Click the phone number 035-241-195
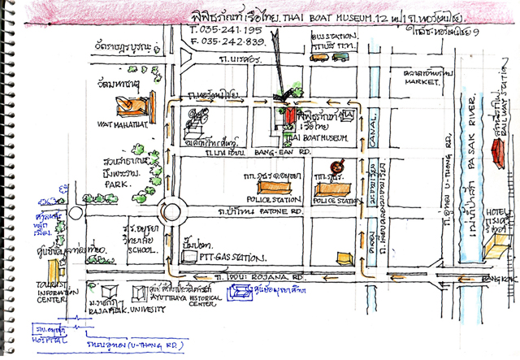[218, 31]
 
